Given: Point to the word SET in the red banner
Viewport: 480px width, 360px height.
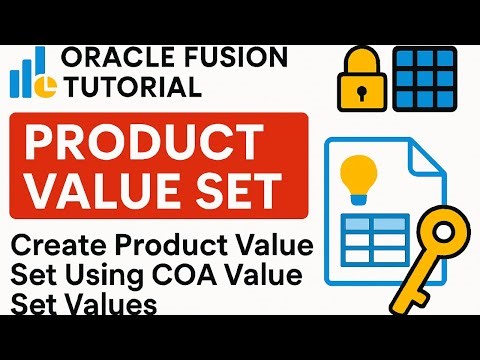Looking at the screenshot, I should [242, 191].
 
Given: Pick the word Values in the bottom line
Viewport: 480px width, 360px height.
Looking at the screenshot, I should [119, 304].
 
